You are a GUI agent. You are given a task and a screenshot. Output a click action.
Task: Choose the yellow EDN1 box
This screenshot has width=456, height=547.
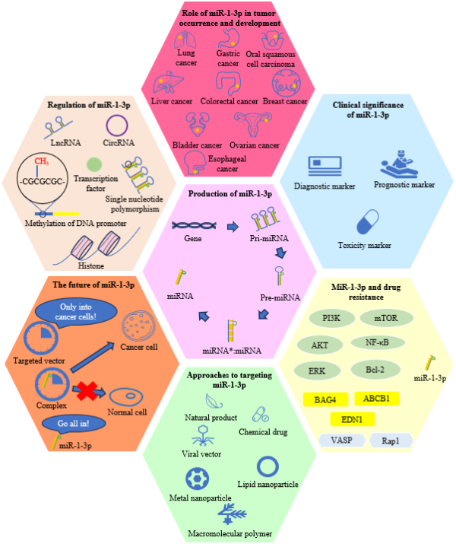click(352, 418)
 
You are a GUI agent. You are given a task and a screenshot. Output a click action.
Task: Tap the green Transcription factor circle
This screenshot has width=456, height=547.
click(95, 164)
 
